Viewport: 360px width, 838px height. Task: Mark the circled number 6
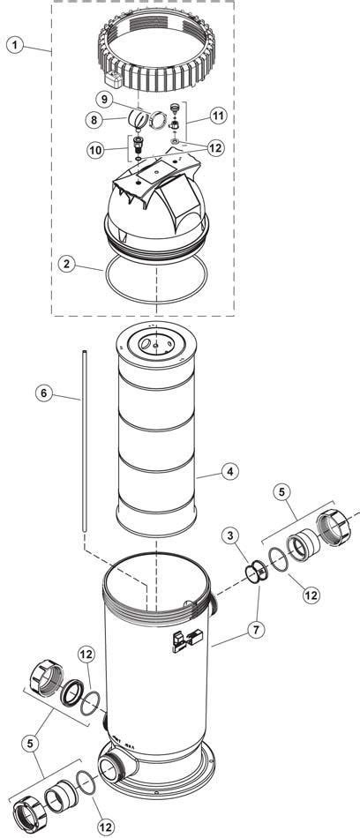pyautogui.click(x=43, y=393)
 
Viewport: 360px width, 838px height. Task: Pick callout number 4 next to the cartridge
pyautogui.click(x=229, y=473)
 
